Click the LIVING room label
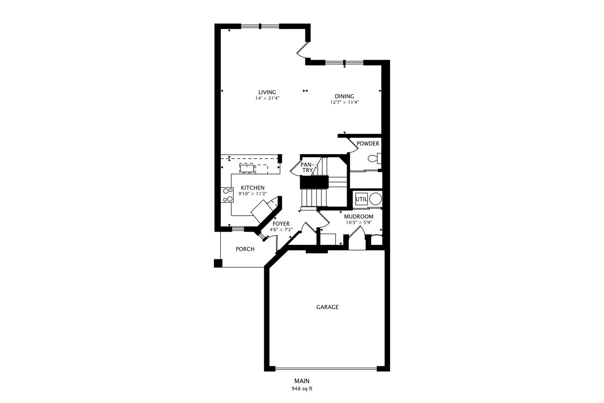(267, 92)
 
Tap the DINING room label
(345, 96)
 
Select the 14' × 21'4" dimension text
(267, 98)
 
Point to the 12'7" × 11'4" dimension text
(345, 102)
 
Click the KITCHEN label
(253, 188)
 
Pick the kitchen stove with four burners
(227, 195)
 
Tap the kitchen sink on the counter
(247, 168)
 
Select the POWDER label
(368, 144)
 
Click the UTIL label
(361, 199)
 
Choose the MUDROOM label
(359, 216)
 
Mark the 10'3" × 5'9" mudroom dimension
(359, 223)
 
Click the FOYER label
(281, 224)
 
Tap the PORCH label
(245, 249)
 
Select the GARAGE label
(327, 307)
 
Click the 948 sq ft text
(302, 389)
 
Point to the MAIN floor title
(302, 381)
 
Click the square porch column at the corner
(218, 263)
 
